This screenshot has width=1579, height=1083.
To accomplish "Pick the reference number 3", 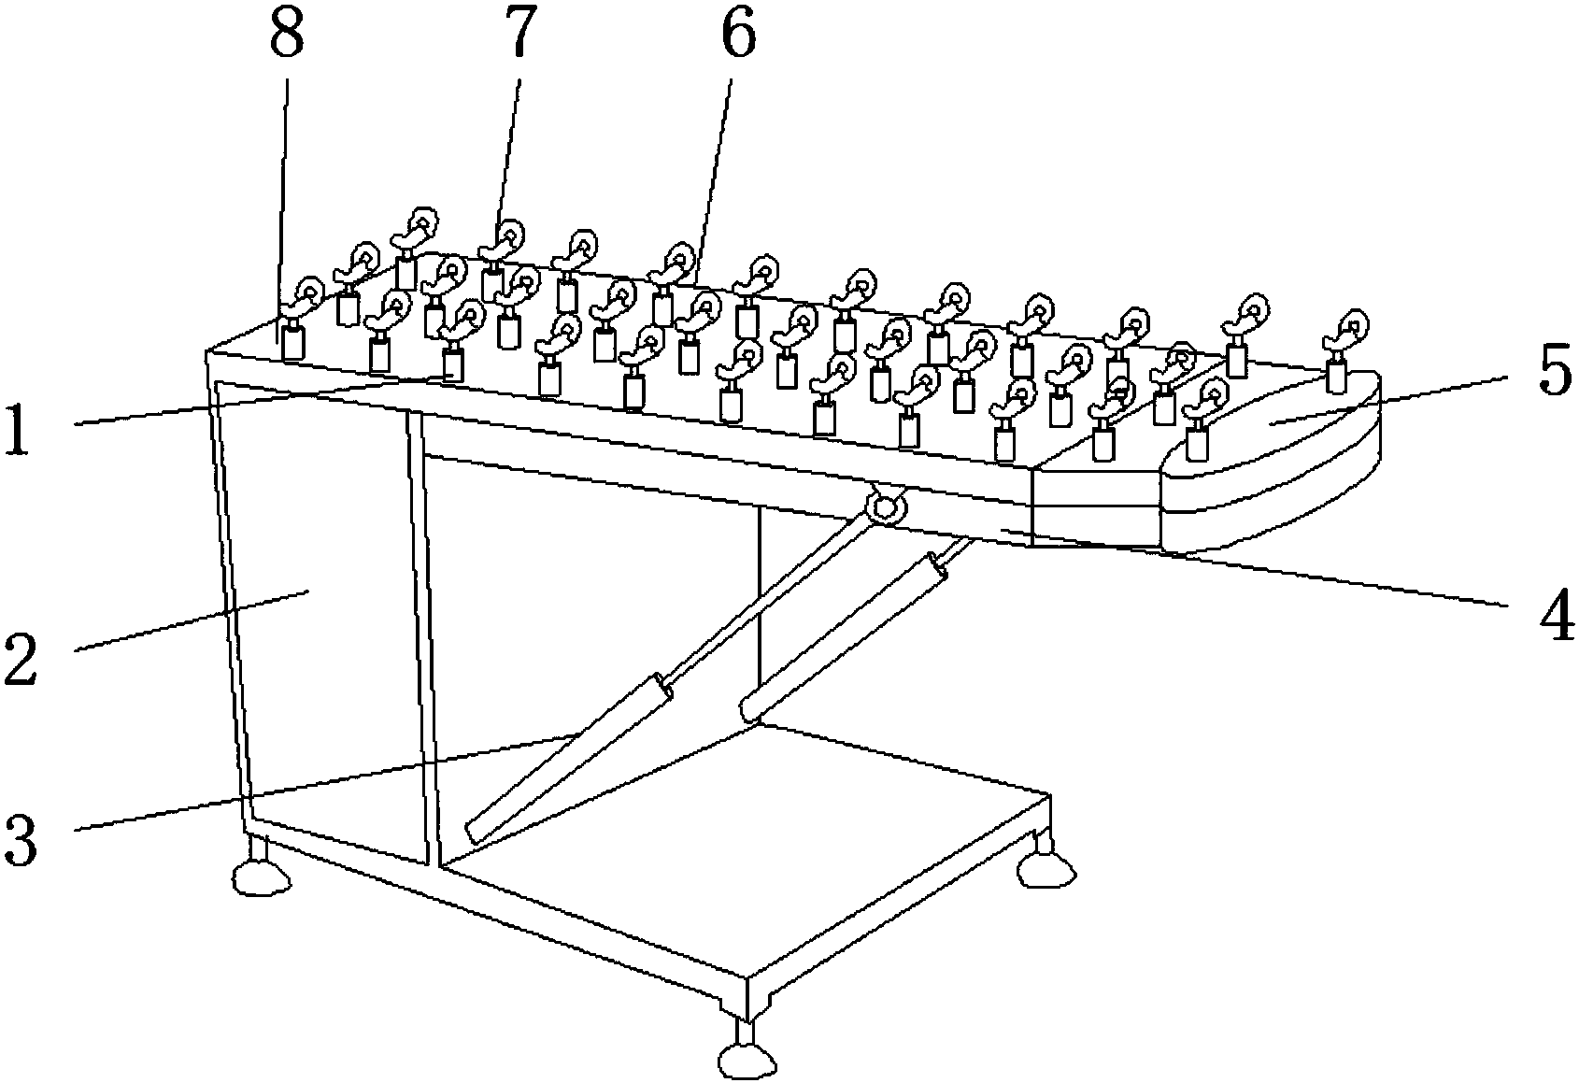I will [x=21, y=838].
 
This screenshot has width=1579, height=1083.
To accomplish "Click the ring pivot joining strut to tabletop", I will [x=885, y=506].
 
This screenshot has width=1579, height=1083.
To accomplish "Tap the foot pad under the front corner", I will [x=747, y=1060].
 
